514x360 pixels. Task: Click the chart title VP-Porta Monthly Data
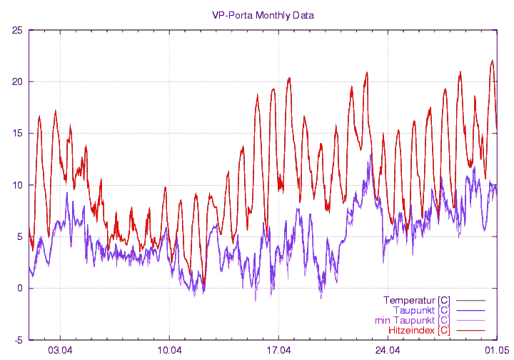tap(263, 15)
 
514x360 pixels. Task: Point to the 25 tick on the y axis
tap(17, 30)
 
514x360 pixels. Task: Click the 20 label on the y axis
tap(17, 81)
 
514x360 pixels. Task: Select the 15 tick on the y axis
tap(17, 134)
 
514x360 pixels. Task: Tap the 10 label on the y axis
tap(17, 185)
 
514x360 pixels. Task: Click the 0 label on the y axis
tap(20, 289)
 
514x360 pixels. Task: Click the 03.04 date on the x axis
tap(61, 350)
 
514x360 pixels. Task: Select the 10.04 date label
tap(169, 350)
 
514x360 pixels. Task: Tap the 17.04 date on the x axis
tap(278, 350)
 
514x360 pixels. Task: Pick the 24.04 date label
tap(387, 350)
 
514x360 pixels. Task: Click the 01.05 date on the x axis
tap(496, 350)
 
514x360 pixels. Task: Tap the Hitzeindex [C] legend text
tap(418, 330)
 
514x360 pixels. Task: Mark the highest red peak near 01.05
tap(492, 61)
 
